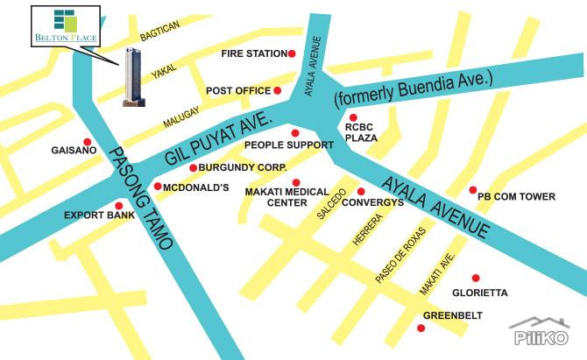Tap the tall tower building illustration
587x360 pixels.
(134, 77)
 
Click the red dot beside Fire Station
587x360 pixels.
(293, 53)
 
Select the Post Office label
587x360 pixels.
(237, 91)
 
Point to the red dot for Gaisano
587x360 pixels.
(87, 142)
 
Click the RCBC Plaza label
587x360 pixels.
(360, 132)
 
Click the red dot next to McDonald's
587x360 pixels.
(158, 187)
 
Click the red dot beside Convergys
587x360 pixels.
(360, 191)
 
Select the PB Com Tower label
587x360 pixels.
(516, 197)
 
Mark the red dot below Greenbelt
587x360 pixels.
(421, 328)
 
